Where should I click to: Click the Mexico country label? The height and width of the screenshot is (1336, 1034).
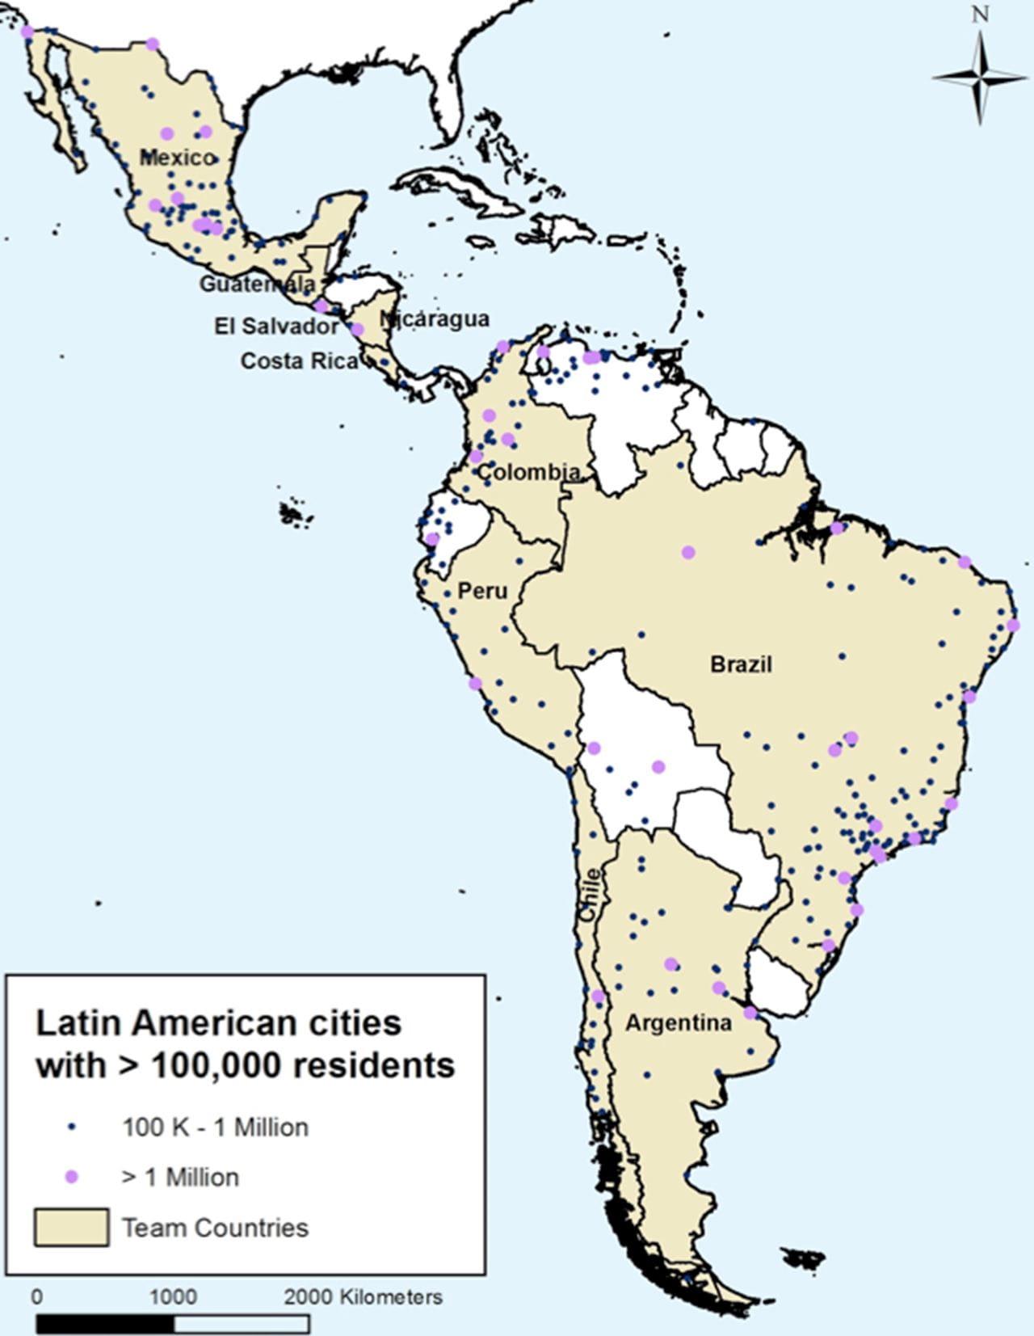click(x=178, y=157)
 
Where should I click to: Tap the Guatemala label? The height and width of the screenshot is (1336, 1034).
click(x=257, y=284)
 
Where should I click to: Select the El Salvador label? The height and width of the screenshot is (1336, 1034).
click(x=276, y=326)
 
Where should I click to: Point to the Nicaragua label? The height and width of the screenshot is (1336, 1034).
click(x=435, y=318)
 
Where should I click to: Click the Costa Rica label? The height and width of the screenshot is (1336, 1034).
click(x=299, y=360)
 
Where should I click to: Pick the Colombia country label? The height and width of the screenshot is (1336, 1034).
click(x=529, y=471)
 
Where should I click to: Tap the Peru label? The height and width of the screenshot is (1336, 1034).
click(x=482, y=591)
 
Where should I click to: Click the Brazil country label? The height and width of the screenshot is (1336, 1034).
click(x=741, y=664)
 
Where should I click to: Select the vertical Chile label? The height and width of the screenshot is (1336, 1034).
click(x=591, y=895)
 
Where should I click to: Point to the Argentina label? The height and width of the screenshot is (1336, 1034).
click(x=679, y=1023)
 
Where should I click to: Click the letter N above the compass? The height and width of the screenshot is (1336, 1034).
click(x=980, y=14)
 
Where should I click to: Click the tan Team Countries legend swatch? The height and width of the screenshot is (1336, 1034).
click(x=71, y=1227)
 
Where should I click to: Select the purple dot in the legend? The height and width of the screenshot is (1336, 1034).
click(x=72, y=1177)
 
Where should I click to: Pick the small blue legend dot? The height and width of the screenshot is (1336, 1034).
click(x=72, y=1127)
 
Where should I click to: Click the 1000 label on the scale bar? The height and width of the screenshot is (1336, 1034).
click(x=173, y=1296)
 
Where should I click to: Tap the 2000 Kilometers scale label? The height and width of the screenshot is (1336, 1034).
click(x=363, y=1296)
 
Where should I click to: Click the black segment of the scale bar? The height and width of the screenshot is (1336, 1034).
click(x=105, y=1324)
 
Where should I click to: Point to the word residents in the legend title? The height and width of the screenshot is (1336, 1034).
click(x=374, y=1065)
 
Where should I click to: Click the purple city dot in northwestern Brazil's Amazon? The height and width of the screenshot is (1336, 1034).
click(x=688, y=552)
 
